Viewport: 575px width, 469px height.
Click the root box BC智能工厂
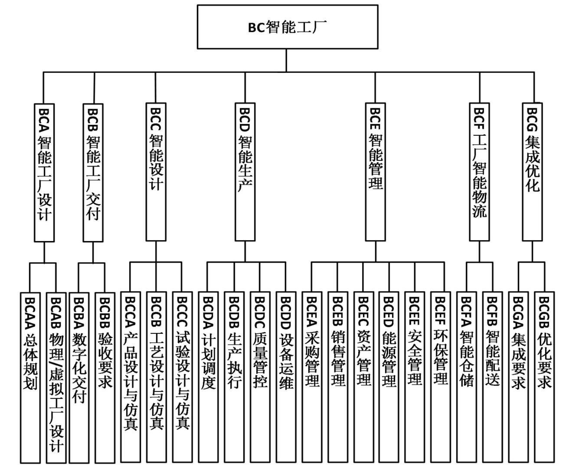pyautogui.click(x=287, y=27)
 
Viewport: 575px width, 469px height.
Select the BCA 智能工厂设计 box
pyautogui.click(x=44, y=173)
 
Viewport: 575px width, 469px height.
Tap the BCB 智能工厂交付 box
pyautogui.click(x=93, y=173)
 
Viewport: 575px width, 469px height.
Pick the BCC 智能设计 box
pyautogui.click(x=156, y=172)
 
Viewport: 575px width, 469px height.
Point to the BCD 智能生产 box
pyautogui.click(x=245, y=172)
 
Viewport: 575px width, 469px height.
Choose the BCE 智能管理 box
pyautogui.click(x=376, y=172)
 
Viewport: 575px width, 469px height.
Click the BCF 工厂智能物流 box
pyautogui.click(x=479, y=172)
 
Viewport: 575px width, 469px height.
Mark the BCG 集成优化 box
pyautogui.click(x=532, y=172)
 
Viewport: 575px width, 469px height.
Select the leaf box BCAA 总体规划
pyautogui.click(x=30, y=378)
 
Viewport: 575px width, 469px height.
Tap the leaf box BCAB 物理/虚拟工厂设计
pyautogui.click(x=56, y=378)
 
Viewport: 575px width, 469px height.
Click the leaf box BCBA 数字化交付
pyautogui.click(x=79, y=378)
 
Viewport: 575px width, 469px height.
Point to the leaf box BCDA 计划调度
pyautogui.click(x=208, y=377)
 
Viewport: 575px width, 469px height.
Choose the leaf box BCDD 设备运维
pyautogui.click(x=286, y=377)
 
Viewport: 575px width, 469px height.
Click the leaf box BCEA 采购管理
pyautogui.click(x=312, y=377)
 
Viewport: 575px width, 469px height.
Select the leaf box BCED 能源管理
pyautogui.click(x=389, y=377)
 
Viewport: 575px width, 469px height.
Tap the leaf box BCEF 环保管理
pyautogui.click(x=441, y=377)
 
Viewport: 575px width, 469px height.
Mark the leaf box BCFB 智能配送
pyautogui.click(x=492, y=377)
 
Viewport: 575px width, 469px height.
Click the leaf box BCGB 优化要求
pyautogui.click(x=544, y=377)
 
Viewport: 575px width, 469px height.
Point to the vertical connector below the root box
pyautogui.click(x=286, y=61)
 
